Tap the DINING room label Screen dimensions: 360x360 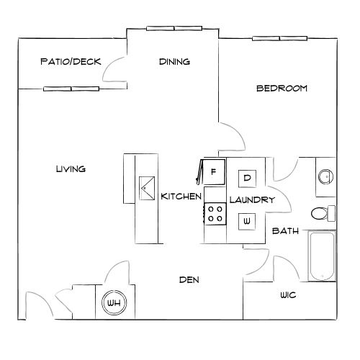click(174, 62)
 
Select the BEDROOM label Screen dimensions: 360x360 click(282, 89)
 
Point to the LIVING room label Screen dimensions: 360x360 click(71, 169)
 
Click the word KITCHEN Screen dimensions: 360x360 click(180, 197)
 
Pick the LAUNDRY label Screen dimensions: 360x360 click(251, 199)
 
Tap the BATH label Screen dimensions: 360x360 click(285, 231)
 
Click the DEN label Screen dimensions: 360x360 click(189, 279)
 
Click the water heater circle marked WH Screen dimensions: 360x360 click(114, 303)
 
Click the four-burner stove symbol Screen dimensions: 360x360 click(215, 213)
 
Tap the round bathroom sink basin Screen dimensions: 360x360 click(325, 176)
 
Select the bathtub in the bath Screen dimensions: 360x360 click(322, 257)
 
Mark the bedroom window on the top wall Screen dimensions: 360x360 click(274, 37)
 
